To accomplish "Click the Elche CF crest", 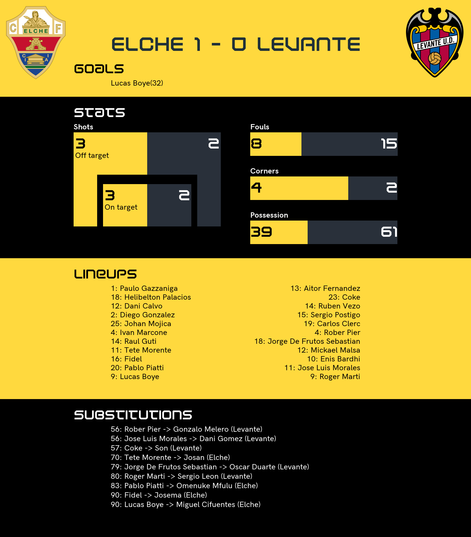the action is [x=36, y=42].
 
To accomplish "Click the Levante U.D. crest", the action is [x=435, y=42].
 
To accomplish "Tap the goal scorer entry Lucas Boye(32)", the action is [x=137, y=83].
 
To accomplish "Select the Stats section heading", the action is [x=99, y=112].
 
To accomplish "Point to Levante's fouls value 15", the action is [x=389, y=144].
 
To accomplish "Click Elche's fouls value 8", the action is [x=256, y=144].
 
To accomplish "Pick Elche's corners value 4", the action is [x=256, y=188].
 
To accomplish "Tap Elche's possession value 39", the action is [x=261, y=232].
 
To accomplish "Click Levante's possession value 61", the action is [x=389, y=232].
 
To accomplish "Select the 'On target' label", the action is [x=121, y=207].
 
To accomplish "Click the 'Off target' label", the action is [x=92, y=156].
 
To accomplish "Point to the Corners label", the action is [x=264, y=171].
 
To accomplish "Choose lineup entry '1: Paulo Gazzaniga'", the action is [x=144, y=288].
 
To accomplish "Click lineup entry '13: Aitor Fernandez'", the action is [x=325, y=288].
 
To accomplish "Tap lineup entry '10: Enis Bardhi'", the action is [x=334, y=359].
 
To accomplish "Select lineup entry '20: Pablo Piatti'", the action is [x=137, y=368].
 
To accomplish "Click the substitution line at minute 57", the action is [x=156, y=448].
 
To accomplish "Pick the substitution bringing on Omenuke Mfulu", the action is [x=184, y=486].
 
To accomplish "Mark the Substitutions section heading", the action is [x=133, y=415].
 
